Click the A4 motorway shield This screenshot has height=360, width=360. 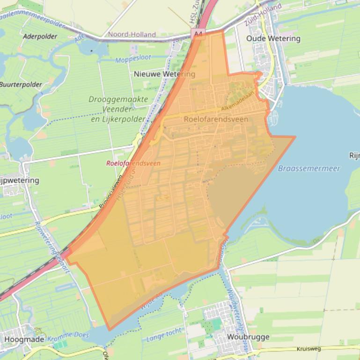pyautogui.click(x=198, y=34)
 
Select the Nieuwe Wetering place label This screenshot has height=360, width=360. pyautogui.click(x=164, y=74)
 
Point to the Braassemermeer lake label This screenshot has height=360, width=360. pyautogui.click(x=309, y=168)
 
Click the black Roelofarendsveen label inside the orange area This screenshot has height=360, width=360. pyautogui.click(x=216, y=119)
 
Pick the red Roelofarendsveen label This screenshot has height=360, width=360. pyautogui.click(x=133, y=163)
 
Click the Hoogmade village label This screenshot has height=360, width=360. pyautogui.click(x=24, y=339)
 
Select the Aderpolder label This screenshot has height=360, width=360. pyautogui.click(x=40, y=36)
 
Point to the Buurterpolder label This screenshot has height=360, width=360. pyautogui.click(x=21, y=85)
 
